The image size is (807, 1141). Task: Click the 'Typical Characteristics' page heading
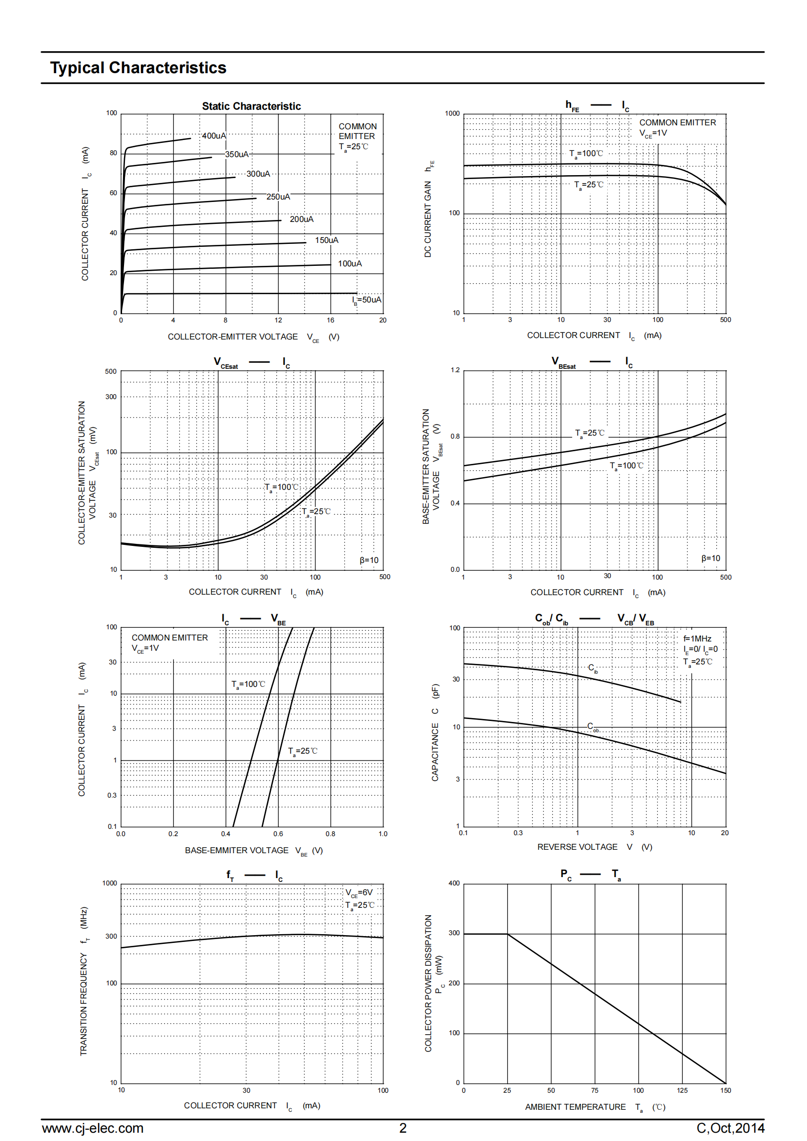tap(138, 68)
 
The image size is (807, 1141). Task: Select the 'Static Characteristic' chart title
tap(251, 106)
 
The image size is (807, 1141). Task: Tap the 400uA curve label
tap(214, 136)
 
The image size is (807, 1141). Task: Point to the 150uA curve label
tap(326, 240)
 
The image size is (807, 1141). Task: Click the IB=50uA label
tap(367, 300)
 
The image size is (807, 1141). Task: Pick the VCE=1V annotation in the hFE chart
tap(653, 133)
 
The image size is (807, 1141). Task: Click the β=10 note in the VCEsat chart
tap(369, 560)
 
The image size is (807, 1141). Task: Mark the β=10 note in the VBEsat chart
tap(710, 558)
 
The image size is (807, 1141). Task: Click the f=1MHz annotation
tap(697, 639)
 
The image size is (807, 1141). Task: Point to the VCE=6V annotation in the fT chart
tap(359, 893)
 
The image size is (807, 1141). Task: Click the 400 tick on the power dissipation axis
tap(454, 883)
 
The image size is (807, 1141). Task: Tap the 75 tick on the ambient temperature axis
tap(595, 1090)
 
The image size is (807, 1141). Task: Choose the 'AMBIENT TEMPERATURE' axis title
tap(575, 1107)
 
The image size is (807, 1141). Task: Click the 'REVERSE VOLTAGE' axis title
tap(577, 847)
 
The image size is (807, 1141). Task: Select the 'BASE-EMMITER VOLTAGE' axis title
tap(236, 850)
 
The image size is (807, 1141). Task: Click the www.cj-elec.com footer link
tap(92, 1128)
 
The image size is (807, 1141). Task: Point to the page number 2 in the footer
tap(403, 1128)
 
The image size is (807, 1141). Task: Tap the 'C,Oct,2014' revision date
tap(730, 1128)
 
